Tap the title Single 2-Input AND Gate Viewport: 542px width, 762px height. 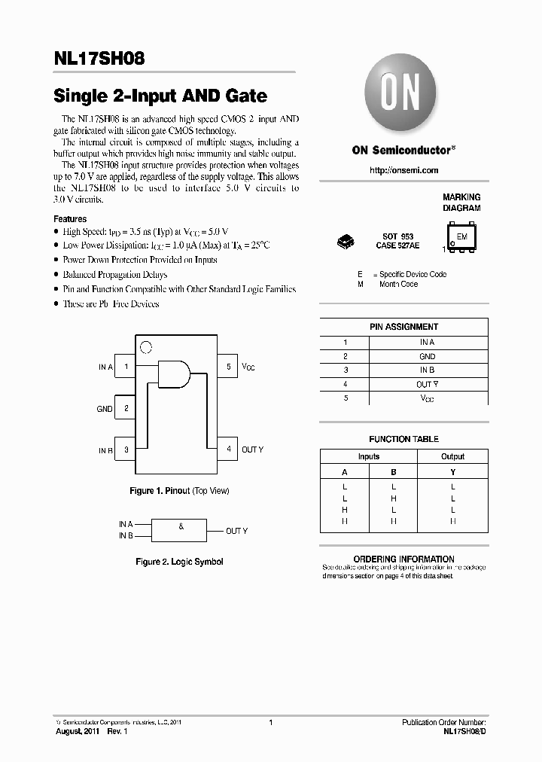click(160, 96)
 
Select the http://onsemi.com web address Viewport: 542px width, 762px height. click(403, 170)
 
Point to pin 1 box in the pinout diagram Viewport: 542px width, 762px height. click(126, 367)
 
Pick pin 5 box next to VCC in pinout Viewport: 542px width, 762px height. click(228, 367)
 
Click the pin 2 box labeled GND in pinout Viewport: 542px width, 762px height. click(126, 409)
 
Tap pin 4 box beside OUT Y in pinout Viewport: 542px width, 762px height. click(228, 450)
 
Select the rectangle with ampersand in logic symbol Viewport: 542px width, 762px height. click(181, 529)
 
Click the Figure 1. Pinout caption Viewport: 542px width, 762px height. click(179, 491)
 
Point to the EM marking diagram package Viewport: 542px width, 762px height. click(461, 236)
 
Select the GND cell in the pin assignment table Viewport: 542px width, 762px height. click(427, 356)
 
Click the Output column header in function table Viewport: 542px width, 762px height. click(452, 456)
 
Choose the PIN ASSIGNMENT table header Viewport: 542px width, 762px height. click(403, 327)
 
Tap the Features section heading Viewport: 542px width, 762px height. click(70, 219)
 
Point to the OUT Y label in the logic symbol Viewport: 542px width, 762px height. click(236, 531)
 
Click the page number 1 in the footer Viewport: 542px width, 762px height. click(270, 722)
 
